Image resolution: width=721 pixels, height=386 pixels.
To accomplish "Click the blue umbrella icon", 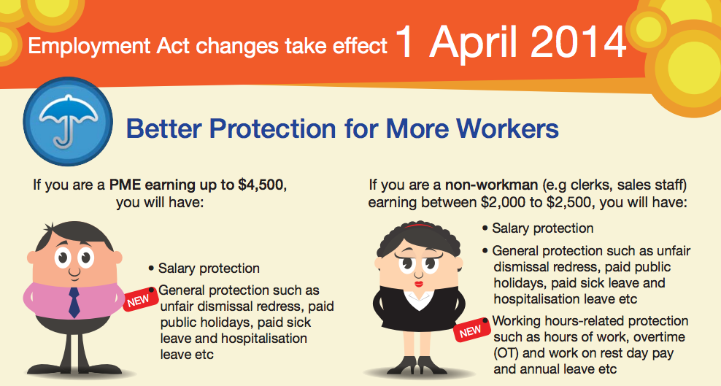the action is click(68, 121).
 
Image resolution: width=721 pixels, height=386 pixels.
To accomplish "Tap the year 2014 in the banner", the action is click(579, 42).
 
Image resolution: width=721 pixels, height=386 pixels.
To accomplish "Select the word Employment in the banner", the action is click(89, 47).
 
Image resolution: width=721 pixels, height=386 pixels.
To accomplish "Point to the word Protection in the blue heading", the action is click(273, 128).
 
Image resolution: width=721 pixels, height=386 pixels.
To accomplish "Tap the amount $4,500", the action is click(261, 185).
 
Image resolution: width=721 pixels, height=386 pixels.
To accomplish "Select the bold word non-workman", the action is click(491, 185).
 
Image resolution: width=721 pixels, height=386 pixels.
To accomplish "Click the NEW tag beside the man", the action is click(139, 301).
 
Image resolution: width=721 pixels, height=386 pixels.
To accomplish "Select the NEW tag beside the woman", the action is click(471, 331).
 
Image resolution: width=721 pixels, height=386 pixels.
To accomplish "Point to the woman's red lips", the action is click(419, 284).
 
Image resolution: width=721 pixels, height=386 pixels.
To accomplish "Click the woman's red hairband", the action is click(418, 226).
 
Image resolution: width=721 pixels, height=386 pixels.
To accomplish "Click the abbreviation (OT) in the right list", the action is click(506, 353).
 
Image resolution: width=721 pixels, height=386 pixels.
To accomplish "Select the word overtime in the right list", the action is click(659, 337).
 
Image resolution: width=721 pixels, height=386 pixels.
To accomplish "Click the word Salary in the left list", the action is click(178, 269).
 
